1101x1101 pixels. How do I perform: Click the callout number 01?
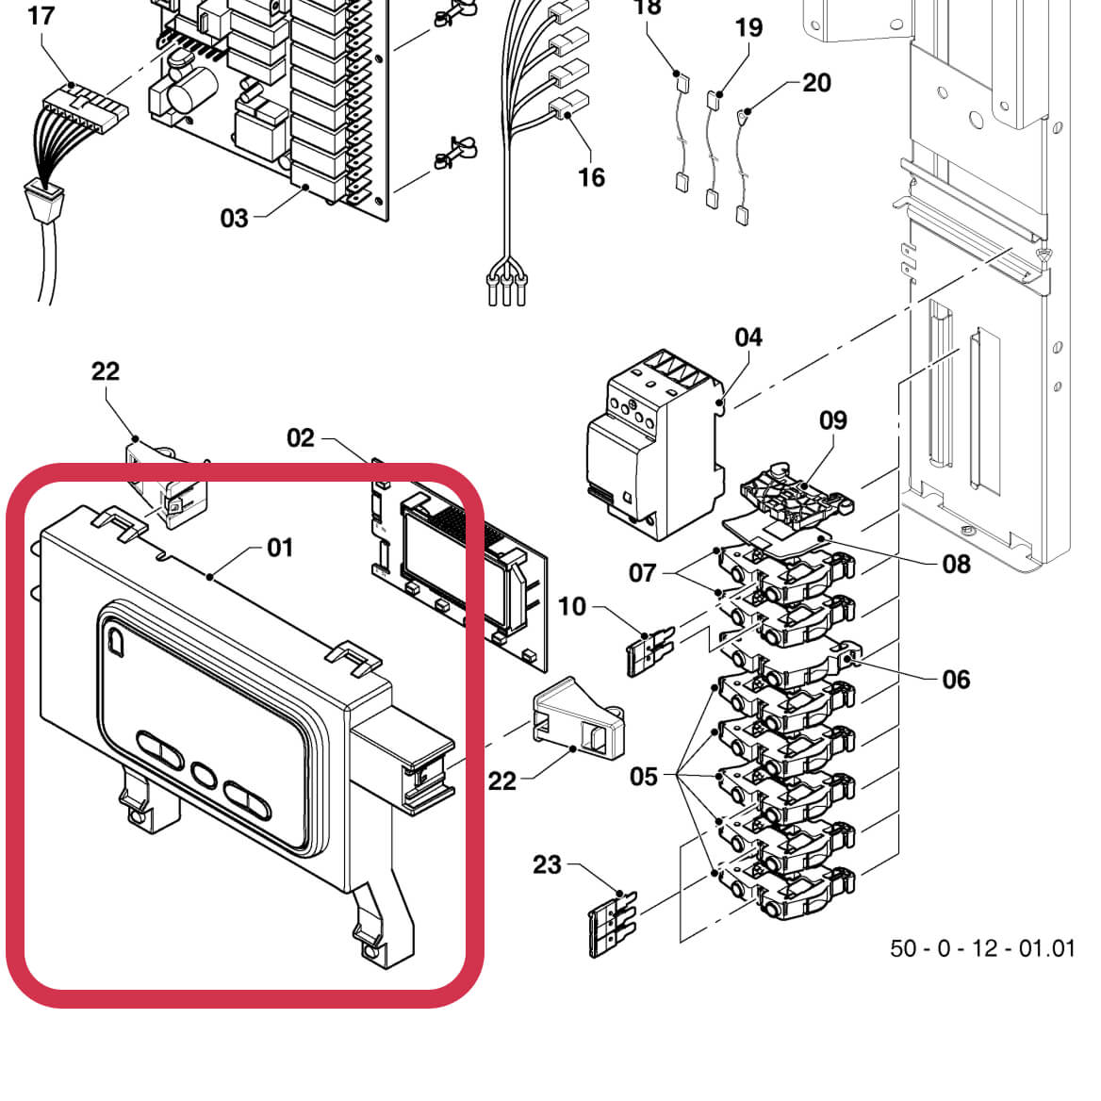[x=280, y=548]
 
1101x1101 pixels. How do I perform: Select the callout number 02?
[x=300, y=437]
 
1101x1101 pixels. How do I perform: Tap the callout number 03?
[x=234, y=219]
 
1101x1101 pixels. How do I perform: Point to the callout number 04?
[x=748, y=337]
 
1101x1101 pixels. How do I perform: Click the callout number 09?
[x=833, y=419]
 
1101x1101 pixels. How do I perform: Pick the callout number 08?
[x=956, y=564]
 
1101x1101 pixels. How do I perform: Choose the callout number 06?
[x=956, y=680]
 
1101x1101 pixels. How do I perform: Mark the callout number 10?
[x=572, y=606]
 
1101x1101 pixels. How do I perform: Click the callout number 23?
[x=547, y=864]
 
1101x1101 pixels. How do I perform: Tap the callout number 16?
[x=591, y=177]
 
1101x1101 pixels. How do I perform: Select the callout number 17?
[x=41, y=16]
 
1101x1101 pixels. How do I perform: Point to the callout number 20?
[x=816, y=83]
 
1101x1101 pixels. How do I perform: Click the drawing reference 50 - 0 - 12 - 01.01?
[x=982, y=947]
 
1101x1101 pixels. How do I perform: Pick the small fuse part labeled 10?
[x=649, y=650]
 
